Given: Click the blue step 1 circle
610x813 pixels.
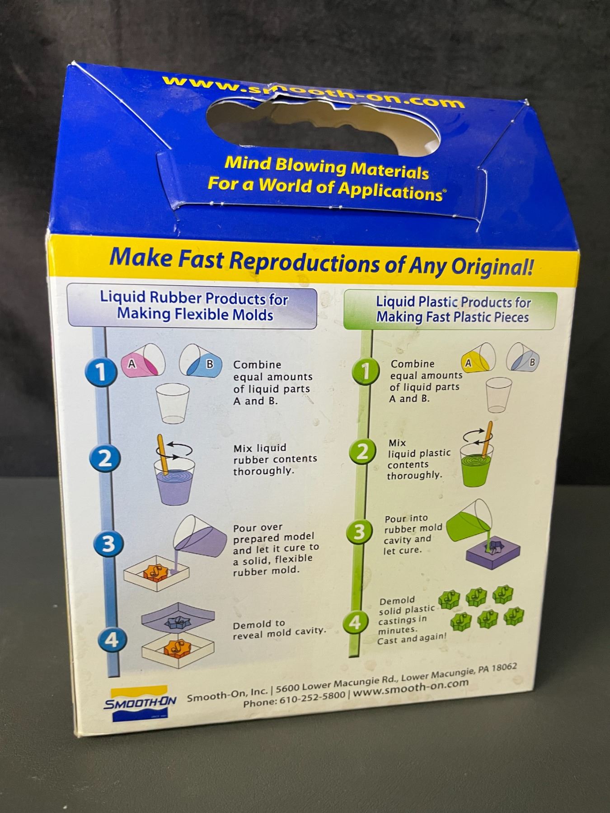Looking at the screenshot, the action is coord(100,371).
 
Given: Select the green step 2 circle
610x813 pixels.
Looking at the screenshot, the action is coord(362,452).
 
